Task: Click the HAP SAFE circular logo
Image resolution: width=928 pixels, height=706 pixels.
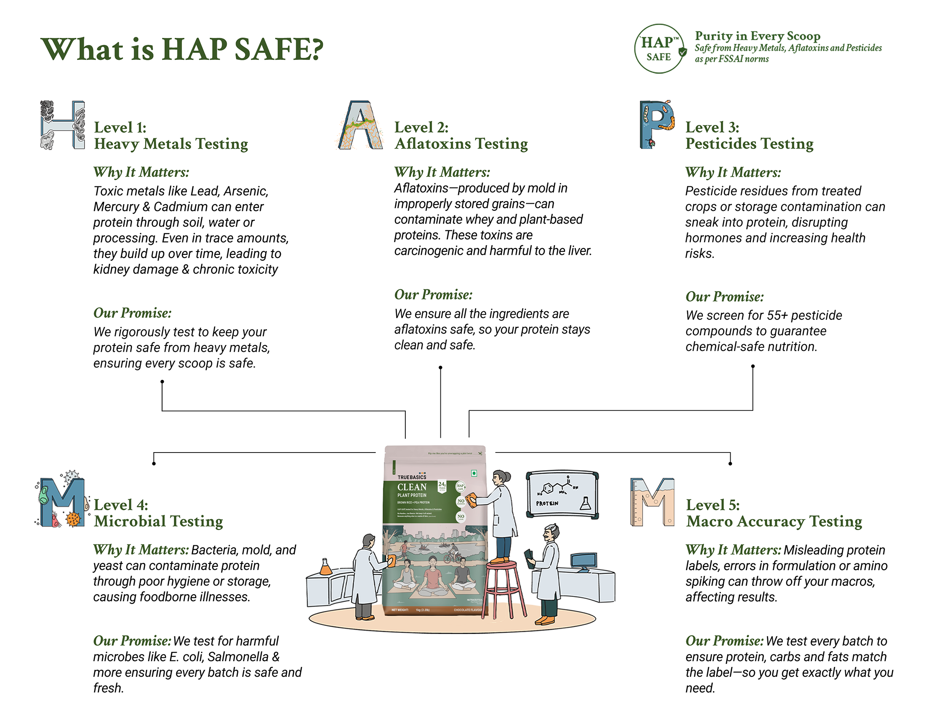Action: [659, 49]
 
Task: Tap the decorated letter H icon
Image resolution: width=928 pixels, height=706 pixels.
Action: [62, 125]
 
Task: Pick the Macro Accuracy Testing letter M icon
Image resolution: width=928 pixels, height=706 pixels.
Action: [652, 502]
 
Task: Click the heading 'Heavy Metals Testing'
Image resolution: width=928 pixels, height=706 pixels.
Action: [171, 144]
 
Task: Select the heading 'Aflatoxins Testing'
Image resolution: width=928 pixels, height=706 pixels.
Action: [461, 144]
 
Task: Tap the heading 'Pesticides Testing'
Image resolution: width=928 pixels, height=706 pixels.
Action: [749, 144]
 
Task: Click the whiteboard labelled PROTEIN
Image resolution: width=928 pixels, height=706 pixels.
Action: [562, 495]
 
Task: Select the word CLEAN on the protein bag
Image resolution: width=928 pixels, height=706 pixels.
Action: [412, 487]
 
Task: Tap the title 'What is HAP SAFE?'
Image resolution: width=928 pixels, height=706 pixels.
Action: [182, 49]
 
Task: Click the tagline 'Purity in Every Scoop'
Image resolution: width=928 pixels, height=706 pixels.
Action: [758, 36]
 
